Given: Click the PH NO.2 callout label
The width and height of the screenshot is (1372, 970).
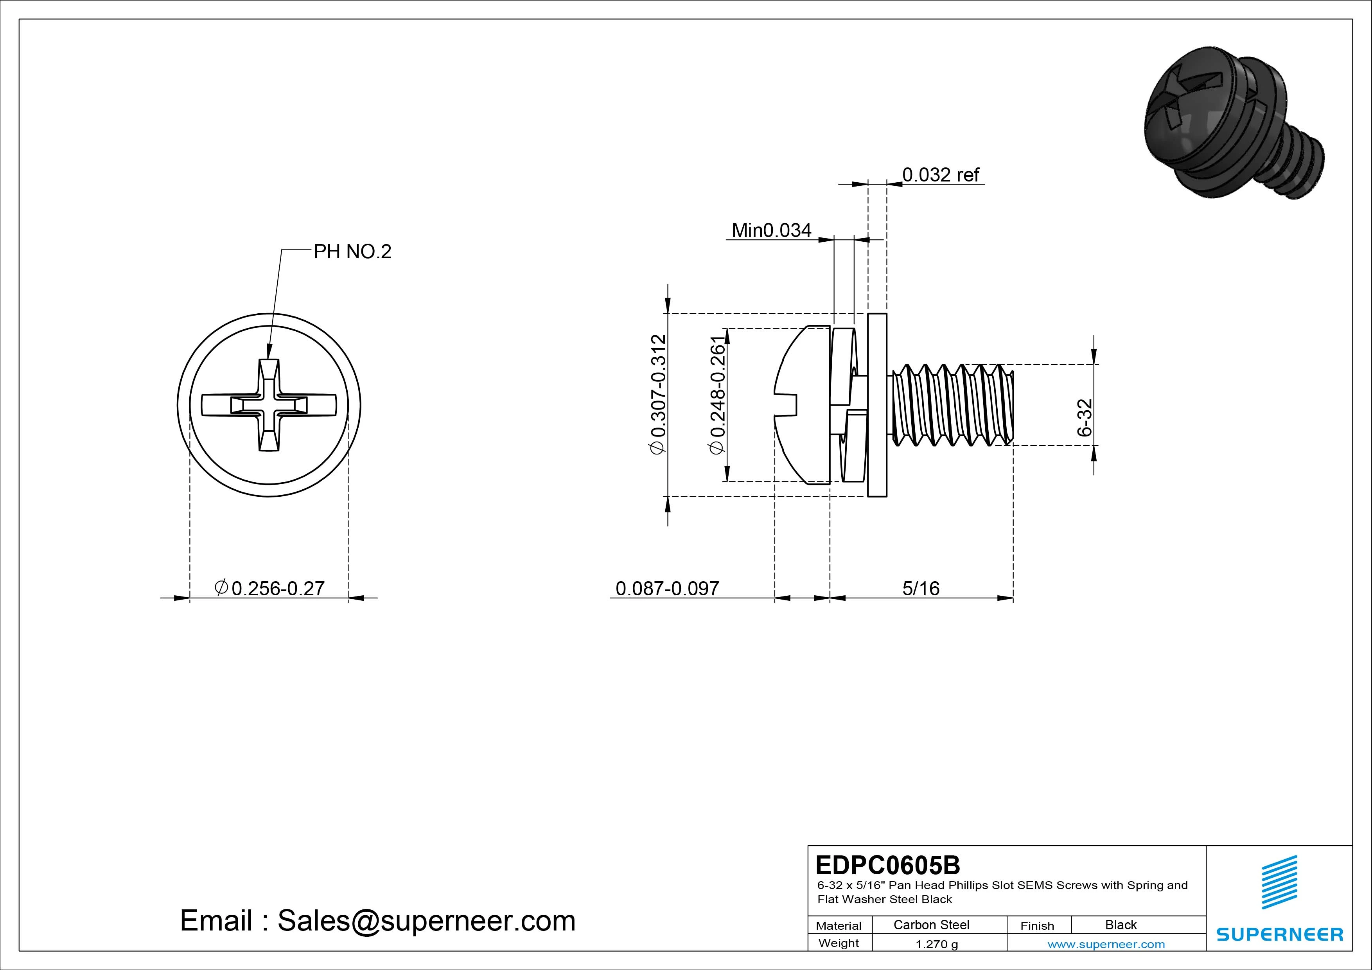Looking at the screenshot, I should tap(352, 251).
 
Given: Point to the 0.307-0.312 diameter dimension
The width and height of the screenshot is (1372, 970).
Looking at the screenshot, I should tap(658, 395).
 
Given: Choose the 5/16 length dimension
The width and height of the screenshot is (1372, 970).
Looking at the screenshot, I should tap(921, 589).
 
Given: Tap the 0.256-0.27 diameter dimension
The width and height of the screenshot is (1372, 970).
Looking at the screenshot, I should tap(270, 589).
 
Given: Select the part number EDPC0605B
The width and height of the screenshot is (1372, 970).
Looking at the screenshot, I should tap(887, 865).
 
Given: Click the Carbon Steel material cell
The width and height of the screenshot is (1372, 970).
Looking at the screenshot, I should tap(931, 925).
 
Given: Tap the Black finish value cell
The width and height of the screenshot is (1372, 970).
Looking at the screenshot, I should tap(1121, 925).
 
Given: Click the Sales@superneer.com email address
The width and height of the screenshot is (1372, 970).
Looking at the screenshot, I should tap(426, 921).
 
